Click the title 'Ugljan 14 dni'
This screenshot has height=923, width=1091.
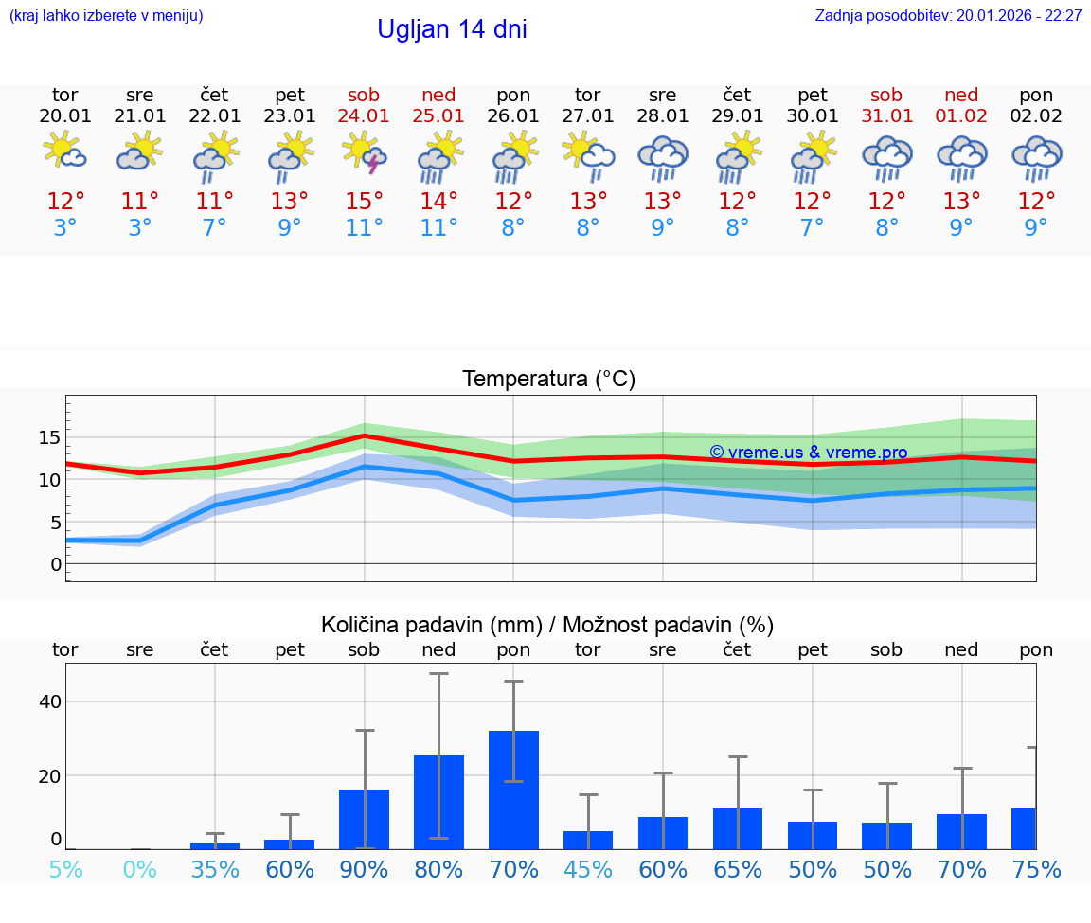tap(452, 29)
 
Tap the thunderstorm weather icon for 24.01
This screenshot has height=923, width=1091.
tap(365, 153)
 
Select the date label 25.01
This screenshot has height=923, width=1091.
tap(438, 116)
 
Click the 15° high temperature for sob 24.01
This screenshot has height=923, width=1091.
tap(365, 202)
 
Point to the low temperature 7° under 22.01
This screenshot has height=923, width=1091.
tap(215, 228)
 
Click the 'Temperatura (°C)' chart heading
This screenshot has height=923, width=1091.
tap(548, 380)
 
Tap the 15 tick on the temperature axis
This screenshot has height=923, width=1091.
tap(49, 437)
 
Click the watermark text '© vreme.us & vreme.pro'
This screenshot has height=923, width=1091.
tap(808, 453)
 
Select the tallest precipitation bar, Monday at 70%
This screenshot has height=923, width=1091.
tap(513, 790)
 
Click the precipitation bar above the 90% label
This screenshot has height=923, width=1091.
tap(365, 819)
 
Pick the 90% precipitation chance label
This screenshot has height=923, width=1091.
tap(365, 870)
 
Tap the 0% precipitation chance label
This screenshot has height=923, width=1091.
tap(140, 870)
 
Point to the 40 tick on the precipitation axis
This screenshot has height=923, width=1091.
tap(49, 701)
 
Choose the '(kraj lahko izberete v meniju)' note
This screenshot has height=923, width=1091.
tap(106, 16)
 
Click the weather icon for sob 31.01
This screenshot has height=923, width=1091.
tap(887, 157)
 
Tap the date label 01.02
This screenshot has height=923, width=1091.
tap(961, 116)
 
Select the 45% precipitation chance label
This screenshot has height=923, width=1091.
tap(588, 870)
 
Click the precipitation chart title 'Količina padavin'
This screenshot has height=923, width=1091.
tap(547, 625)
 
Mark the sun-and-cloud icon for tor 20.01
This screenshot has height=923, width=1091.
tap(65, 151)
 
